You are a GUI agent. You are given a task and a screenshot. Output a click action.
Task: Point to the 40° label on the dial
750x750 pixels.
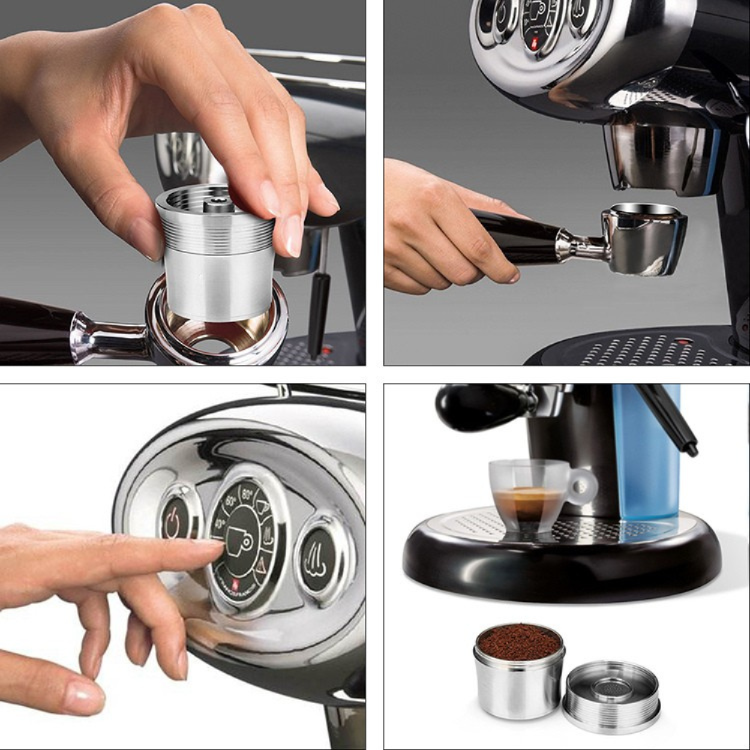coord(218,523)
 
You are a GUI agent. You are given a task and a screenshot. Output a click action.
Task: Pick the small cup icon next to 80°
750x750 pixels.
coord(262,507)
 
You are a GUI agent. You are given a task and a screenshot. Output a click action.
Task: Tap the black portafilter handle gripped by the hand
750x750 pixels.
coord(516,237)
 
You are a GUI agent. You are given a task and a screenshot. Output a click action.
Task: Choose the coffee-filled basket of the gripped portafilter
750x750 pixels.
coord(645,237)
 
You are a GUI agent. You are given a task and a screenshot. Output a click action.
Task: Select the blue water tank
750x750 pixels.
coord(648,456)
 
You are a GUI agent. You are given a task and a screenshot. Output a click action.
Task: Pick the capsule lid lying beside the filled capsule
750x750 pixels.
coord(611,696)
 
